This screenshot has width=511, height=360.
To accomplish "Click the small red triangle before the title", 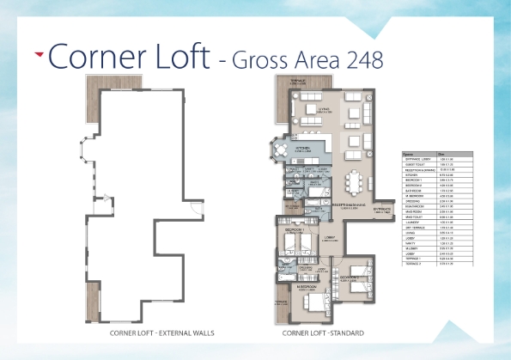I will [x=39, y=53].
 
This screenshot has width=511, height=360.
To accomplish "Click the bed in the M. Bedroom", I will [x=315, y=300].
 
